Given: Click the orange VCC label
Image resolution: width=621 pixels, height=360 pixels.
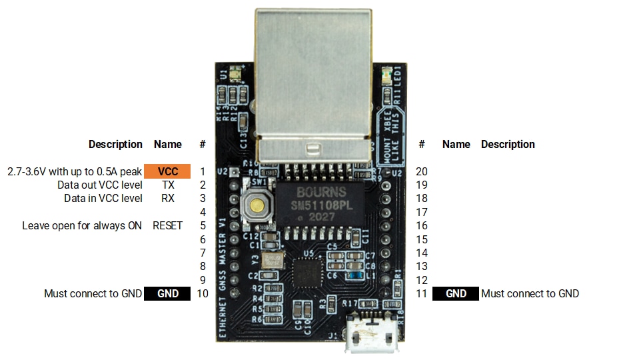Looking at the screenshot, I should pos(167,171).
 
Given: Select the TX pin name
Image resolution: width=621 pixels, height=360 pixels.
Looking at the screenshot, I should pos(168,185).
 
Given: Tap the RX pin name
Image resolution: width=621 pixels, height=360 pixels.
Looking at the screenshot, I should pos(168,198).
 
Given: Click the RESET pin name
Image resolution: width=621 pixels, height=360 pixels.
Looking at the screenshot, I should pos(167,225).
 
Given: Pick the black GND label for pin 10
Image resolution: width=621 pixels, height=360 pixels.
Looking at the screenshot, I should pos(167,293).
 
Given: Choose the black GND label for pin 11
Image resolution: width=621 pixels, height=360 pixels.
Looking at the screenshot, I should pos(456,293).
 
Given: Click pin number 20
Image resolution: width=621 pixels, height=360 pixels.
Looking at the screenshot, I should pos(421,171).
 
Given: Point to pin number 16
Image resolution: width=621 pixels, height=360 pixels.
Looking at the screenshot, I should pos(421,225).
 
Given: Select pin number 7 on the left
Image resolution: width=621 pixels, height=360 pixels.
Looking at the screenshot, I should pos(203,253).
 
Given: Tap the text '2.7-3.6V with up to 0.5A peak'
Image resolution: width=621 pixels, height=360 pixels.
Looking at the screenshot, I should pos(75,171).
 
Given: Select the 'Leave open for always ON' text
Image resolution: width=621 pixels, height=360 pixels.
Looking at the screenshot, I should pos(82,225).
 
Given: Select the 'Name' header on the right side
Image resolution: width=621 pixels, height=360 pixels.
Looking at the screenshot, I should pos(456,144).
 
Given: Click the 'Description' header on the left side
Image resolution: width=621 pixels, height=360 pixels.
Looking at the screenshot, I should pos(115,144).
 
